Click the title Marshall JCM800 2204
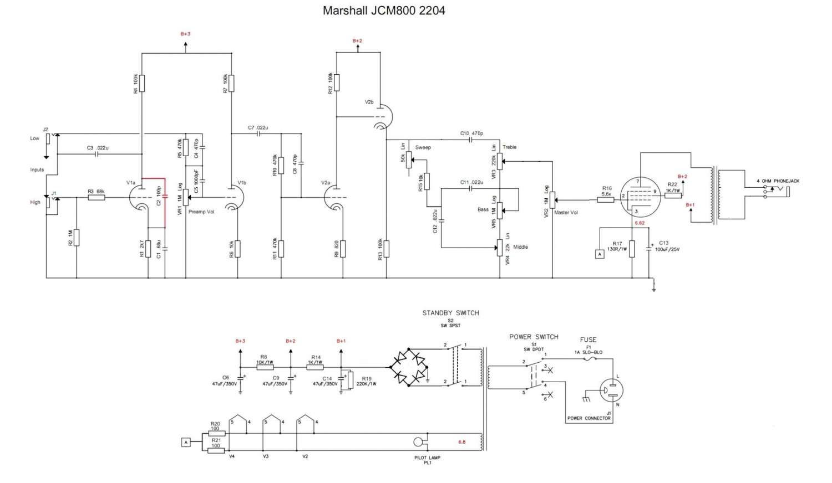(384, 11)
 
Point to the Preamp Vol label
(201, 212)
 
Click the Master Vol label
(566, 213)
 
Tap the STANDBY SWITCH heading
(450, 313)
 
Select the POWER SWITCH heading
(534, 337)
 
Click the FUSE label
(588, 340)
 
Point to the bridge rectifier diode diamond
(409, 367)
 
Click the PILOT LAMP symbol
(419, 443)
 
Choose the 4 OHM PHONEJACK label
(778, 181)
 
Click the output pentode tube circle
(637, 197)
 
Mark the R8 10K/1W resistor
(265, 367)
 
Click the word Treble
(509, 147)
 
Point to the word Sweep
(423, 147)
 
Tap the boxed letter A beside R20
(186, 442)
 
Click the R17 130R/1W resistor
(632, 249)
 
